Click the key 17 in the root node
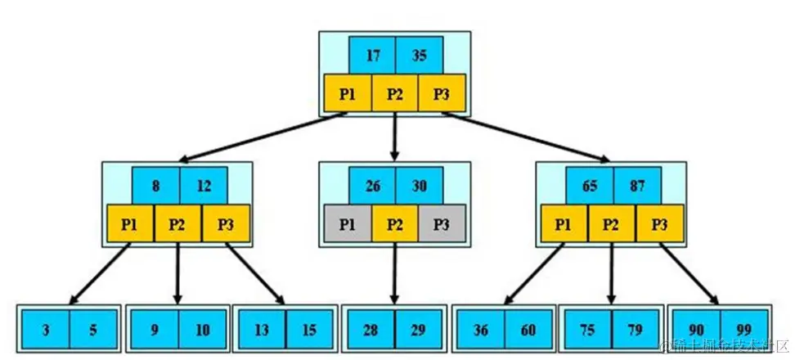(x=372, y=56)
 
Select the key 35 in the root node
(x=419, y=56)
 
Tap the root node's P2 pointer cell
(x=395, y=93)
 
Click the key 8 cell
(x=155, y=186)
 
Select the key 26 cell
(x=372, y=186)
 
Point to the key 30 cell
(x=419, y=186)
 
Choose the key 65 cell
(x=589, y=186)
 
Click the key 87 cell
(x=636, y=186)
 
